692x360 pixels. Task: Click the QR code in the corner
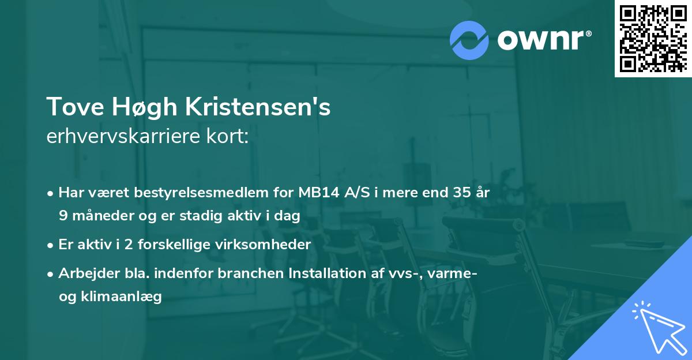coord(653,39)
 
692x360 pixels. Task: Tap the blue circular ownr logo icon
coord(469,40)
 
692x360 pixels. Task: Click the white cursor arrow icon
coord(657,328)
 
